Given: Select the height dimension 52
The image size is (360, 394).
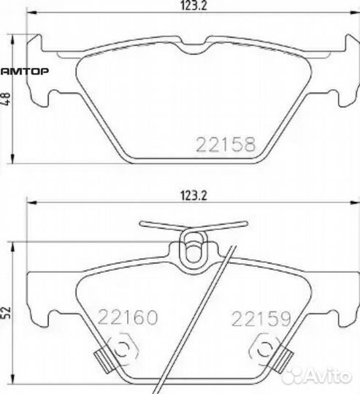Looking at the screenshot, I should point(6,312).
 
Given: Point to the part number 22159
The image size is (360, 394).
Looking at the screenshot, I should point(261,318).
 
